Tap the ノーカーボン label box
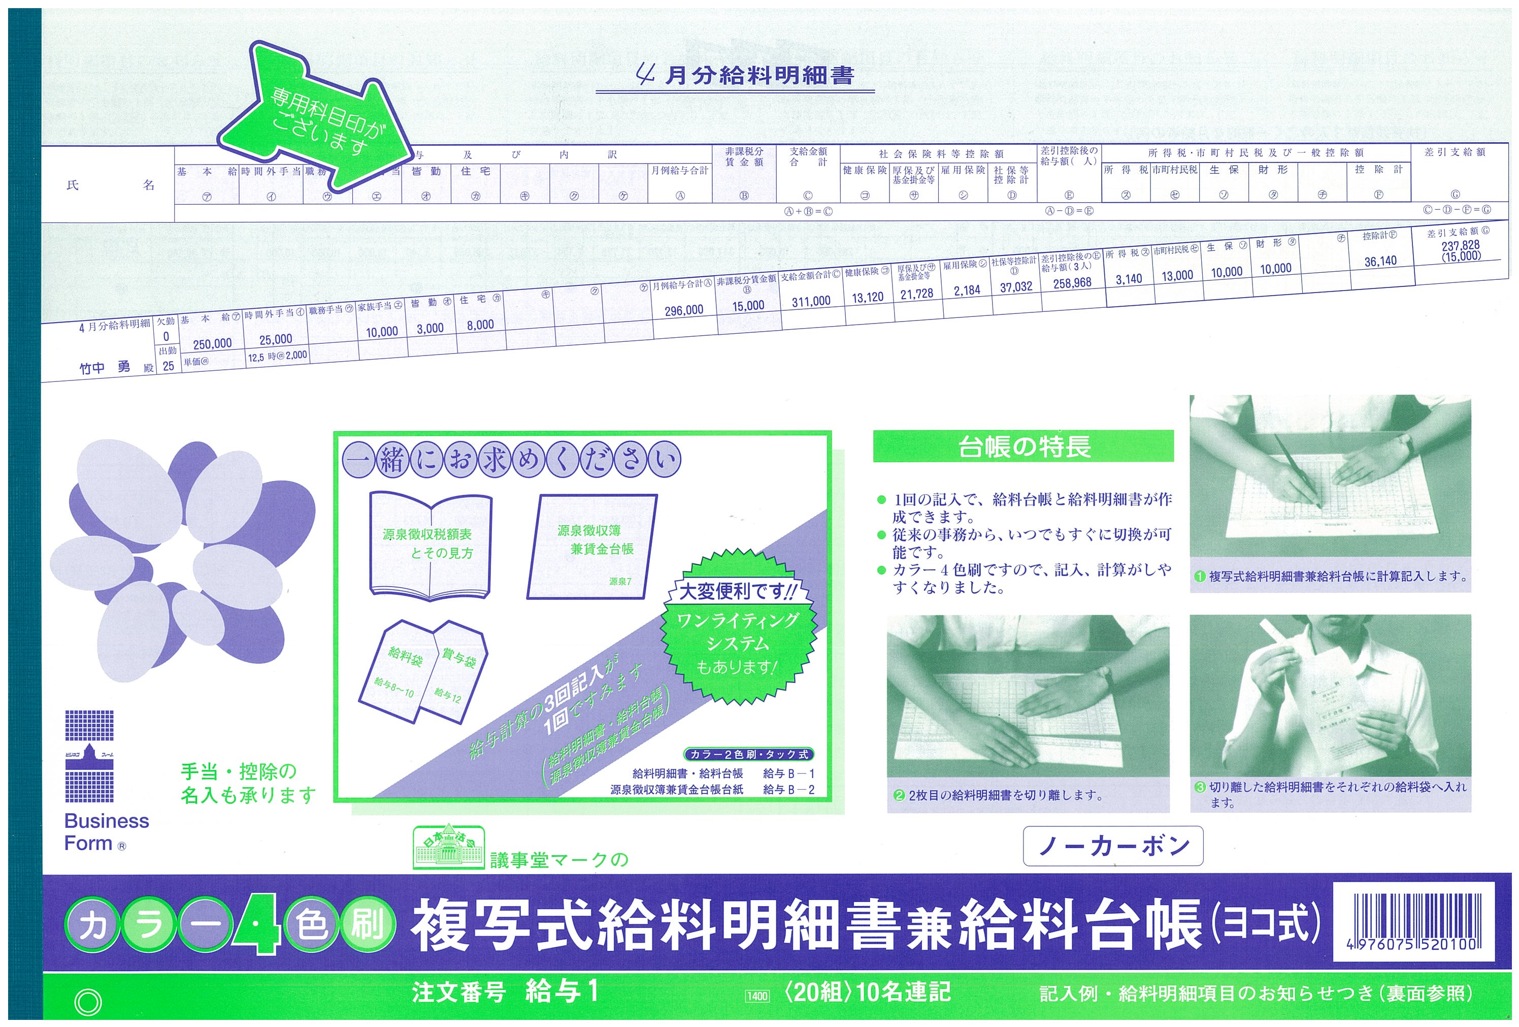coord(1112,846)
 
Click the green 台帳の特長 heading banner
coord(1023,446)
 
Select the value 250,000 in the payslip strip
coord(212,344)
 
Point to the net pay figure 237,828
coord(1460,245)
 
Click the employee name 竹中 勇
coord(105,367)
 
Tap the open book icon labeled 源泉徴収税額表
coord(430,546)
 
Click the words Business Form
coord(106,832)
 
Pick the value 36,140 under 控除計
coord(1380,262)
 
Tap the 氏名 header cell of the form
coord(110,185)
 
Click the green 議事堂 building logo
coord(448,847)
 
